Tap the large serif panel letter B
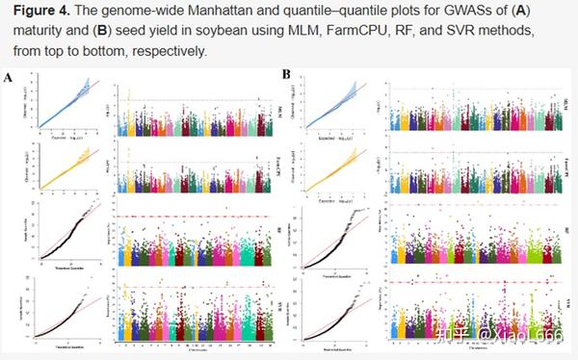[286, 73]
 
